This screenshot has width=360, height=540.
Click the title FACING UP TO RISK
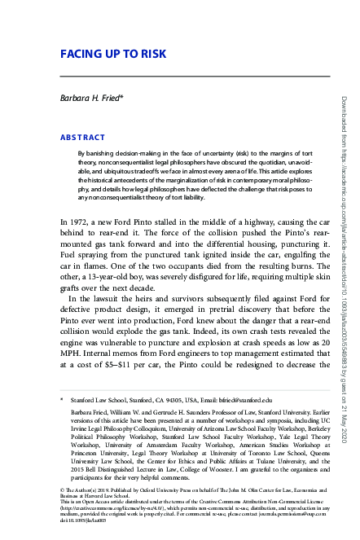tap(114, 55)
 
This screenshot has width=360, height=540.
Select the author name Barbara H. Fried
tap(93, 98)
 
